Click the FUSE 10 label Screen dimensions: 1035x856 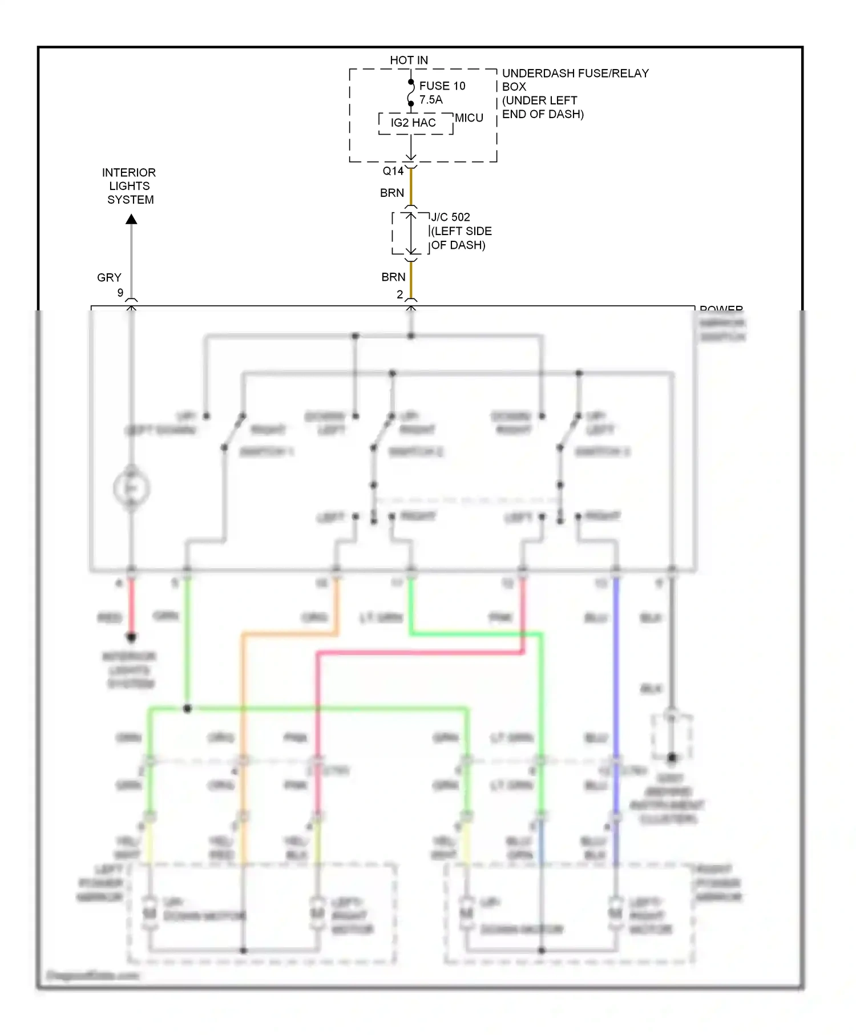point(442,86)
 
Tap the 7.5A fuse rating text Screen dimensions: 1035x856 point(430,100)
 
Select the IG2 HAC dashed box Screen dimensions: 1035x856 point(415,123)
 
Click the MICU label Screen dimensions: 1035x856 point(469,118)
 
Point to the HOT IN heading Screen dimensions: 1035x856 point(409,60)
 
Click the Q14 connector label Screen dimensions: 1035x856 point(393,171)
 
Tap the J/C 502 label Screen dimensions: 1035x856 point(450,217)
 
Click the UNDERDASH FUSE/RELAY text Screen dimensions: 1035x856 point(575,73)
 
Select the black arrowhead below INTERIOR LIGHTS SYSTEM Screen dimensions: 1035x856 point(131,219)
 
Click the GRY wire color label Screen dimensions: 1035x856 point(109,278)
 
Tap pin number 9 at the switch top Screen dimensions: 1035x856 point(120,293)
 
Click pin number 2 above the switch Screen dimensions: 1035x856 point(399,294)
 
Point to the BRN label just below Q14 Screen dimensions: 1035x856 point(392,193)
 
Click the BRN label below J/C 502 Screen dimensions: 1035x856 point(393,277)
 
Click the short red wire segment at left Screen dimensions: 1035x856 point(131,605)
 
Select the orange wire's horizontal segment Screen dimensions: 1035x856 point(288,633)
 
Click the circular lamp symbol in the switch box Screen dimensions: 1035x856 point(131,488)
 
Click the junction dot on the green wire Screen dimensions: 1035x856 point(187,709)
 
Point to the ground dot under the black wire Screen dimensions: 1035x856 point(672,758)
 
